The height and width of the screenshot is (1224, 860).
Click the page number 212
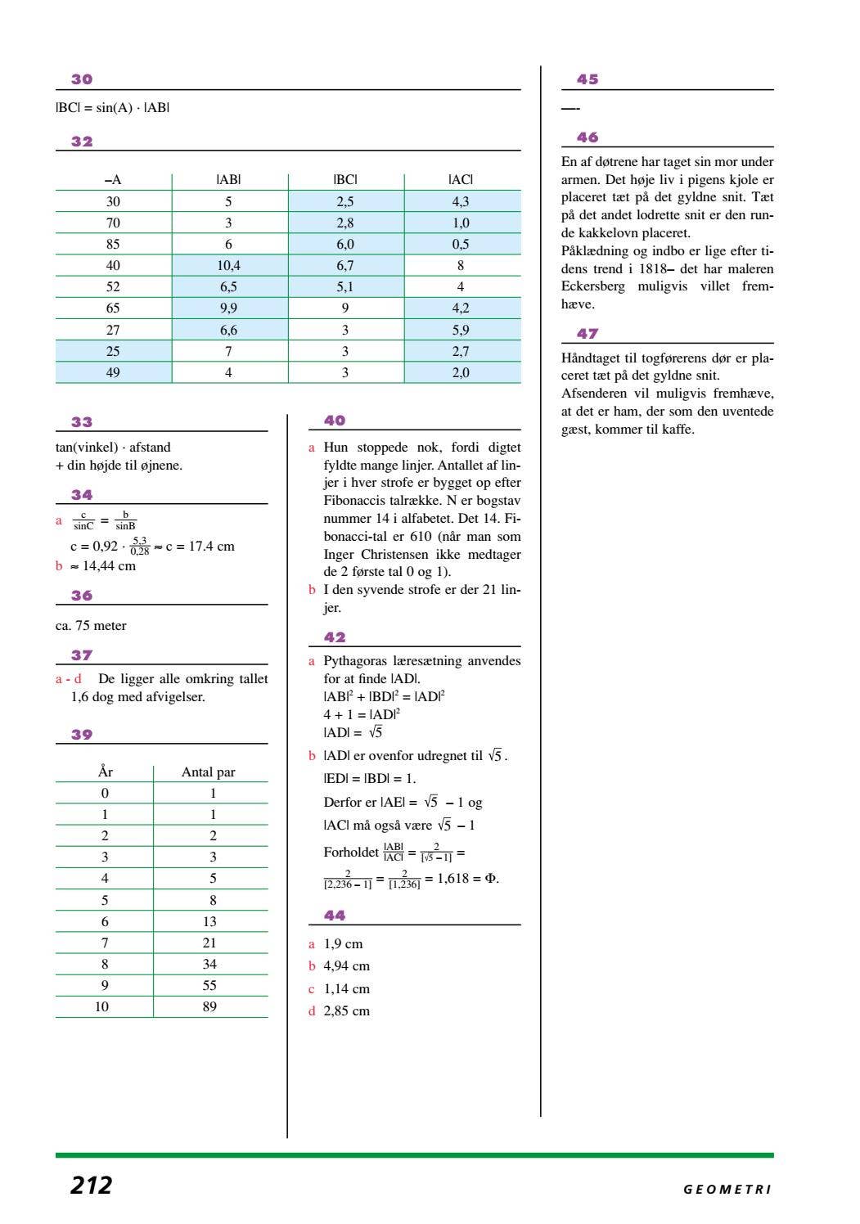click(91, 1185)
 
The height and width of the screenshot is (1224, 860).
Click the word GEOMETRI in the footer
click(727, 1190)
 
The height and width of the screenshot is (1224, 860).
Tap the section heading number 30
click(82, 79)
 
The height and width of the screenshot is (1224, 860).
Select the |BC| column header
click(345, 180)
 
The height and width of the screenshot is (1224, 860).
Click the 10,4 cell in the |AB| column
click(228, 265)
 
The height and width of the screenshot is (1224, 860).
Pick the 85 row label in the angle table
click(113, 244)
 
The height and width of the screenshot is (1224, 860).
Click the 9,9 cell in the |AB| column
click(228, 308)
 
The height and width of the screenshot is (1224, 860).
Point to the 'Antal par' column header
click(209, 772)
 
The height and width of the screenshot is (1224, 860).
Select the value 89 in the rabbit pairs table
click(209, 1006)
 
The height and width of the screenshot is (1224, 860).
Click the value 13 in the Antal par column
click(209, 921)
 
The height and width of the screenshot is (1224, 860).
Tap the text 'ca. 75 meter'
click(91, 626)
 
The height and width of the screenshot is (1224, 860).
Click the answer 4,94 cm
click(346, 966)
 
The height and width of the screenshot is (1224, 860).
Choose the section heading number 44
click(335, 916)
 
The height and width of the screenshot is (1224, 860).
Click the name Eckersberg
click(592, 286)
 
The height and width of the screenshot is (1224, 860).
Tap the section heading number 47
click(588, 334)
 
